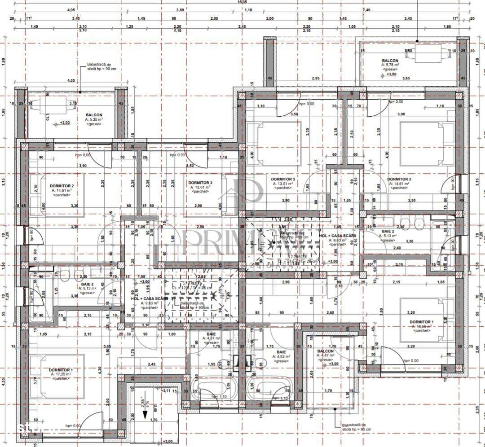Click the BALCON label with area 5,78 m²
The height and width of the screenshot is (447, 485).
[x=390, y=61]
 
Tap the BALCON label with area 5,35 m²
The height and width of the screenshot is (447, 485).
[x=94, y=115]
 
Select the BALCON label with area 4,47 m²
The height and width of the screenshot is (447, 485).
[x=326, y=351]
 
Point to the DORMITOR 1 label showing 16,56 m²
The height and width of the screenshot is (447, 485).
[x=422, y=322]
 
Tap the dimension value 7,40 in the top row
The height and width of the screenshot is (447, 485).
[x=366, y=9]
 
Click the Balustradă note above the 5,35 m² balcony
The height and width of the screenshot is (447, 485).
[x=99, y=67]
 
